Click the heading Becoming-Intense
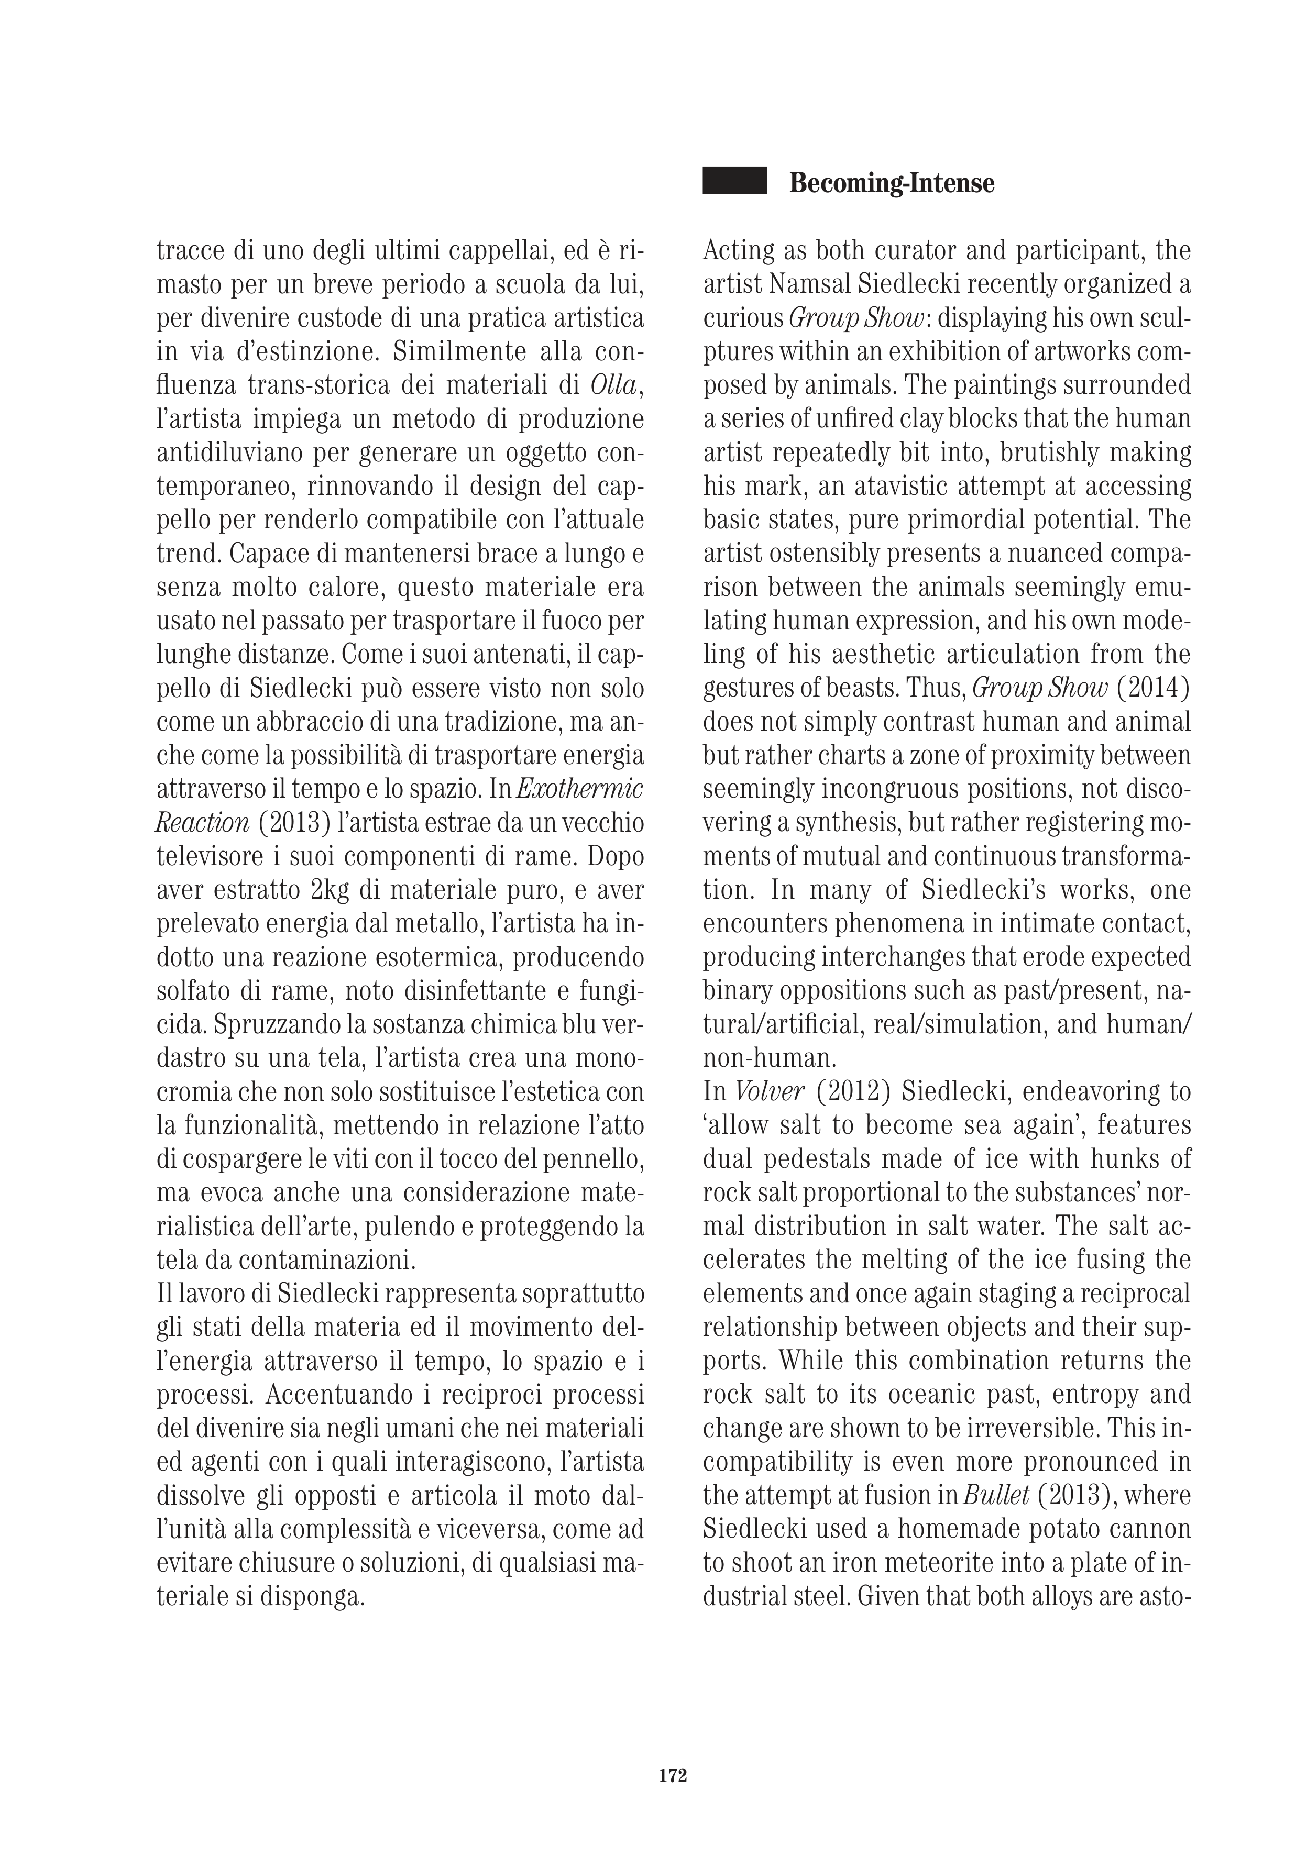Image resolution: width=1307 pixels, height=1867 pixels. pyautogui.click(x=892, y=183)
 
